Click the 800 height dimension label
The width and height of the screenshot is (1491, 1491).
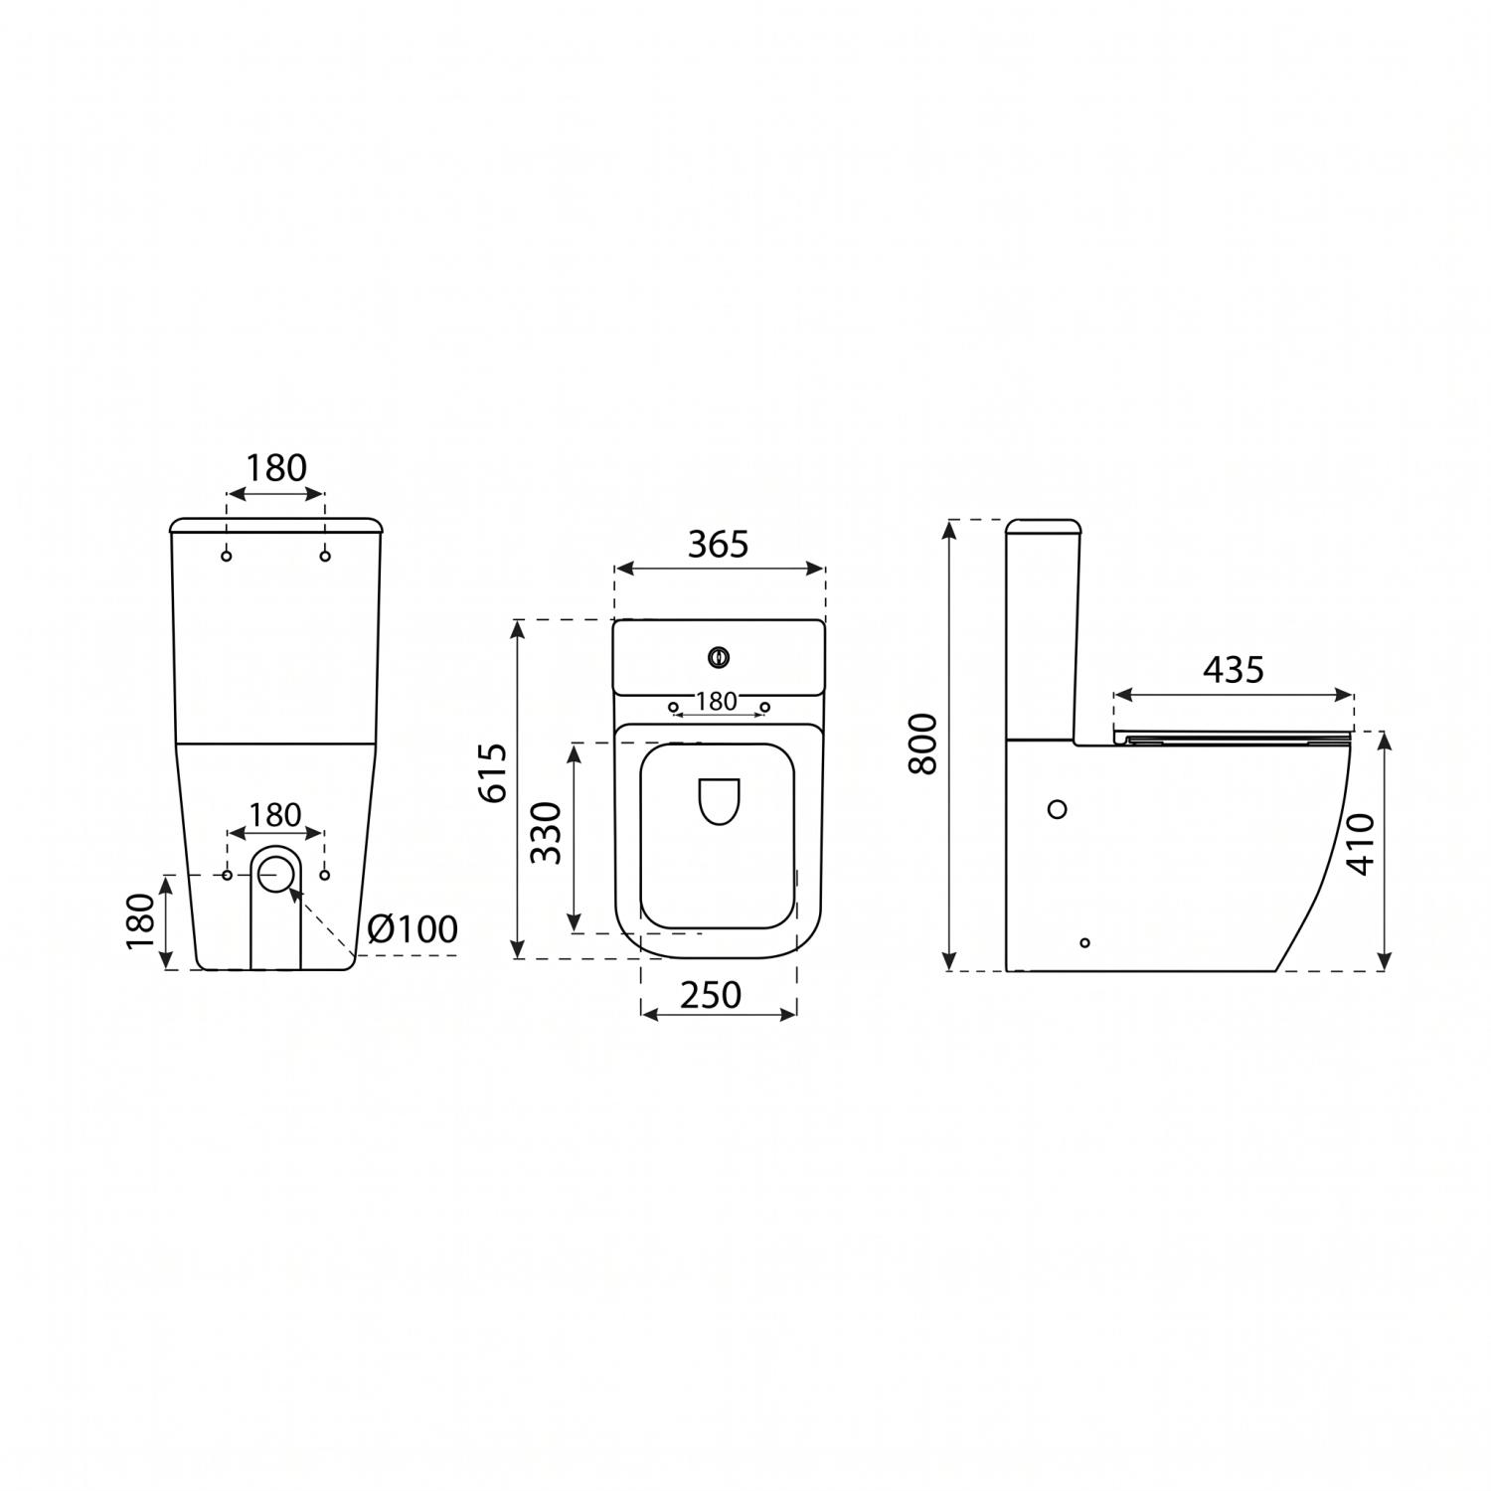[x=922, y=744]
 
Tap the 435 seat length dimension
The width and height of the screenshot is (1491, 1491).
[x=1233, y=670]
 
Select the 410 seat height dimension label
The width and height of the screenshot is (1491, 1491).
[x=1360, y=844]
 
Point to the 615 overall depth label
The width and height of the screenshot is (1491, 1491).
[x=494, y=771]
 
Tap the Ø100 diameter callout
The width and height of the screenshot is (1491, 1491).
[x=413, y=928]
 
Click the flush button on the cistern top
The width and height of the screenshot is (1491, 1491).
[x=719, y=656]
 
